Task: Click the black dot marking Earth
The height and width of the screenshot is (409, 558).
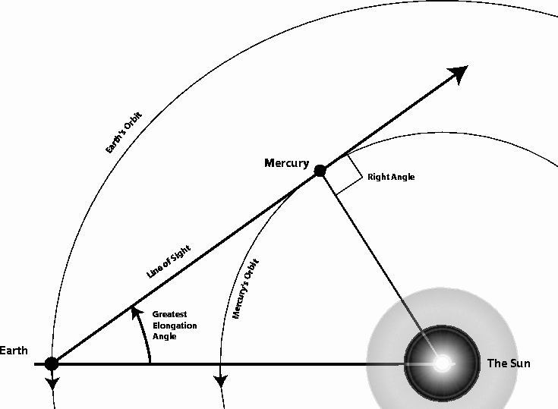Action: click(52, 363)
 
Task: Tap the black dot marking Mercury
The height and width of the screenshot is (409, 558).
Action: click(320, 171)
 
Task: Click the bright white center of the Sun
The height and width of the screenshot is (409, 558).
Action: click(442, 363)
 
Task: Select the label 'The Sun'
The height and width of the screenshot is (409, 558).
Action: click(509, 363)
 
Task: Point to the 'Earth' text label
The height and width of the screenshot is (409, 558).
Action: click(14, 351)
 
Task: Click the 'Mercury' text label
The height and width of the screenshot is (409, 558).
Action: click(286, 163)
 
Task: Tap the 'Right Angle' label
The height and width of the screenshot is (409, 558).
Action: click(391, 177)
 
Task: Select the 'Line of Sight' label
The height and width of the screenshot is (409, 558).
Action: click(169, 261)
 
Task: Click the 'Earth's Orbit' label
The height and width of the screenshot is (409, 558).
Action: click(124, 132)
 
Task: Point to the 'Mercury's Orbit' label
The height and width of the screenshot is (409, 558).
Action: click(245, 289)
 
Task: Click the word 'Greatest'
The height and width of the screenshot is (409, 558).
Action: click(169, 314)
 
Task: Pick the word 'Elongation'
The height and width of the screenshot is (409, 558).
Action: click(175, 326)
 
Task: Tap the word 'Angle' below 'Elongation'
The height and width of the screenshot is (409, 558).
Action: click(165, 336)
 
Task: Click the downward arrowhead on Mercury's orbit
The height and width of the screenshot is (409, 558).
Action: click(221, 382)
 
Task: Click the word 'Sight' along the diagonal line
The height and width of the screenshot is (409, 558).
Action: click(180, 254)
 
